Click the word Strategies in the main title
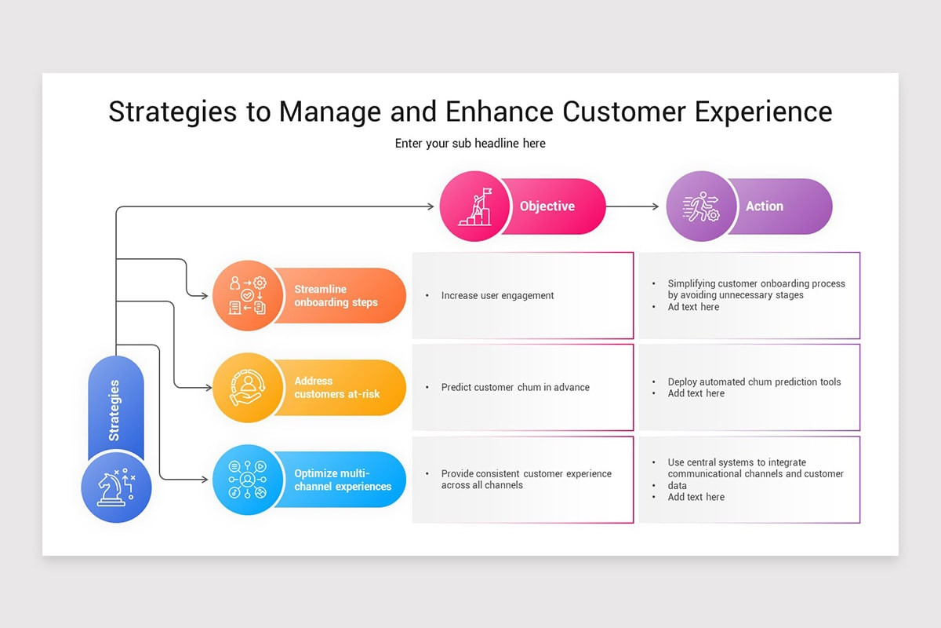tap(173, 111)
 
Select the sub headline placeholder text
tap(470, 144)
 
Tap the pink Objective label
tap(547, 206)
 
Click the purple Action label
tap(765, 206)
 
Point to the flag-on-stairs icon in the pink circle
tap(474, 206)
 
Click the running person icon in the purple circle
tap(700, 206)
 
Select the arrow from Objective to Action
tap(634, 206)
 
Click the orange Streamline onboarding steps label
tap(336, 296)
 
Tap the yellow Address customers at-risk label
tap(336, 387)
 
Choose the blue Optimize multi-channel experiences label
tap(343, 480)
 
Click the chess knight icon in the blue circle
tap(116, 487)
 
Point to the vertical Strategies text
tap(114, 411)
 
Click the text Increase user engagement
tap(497, 296)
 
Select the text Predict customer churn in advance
tap(515, 387)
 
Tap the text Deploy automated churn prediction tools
tap(754, 382)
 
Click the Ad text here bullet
tap(693, 307)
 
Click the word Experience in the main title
tap(763, 111)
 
